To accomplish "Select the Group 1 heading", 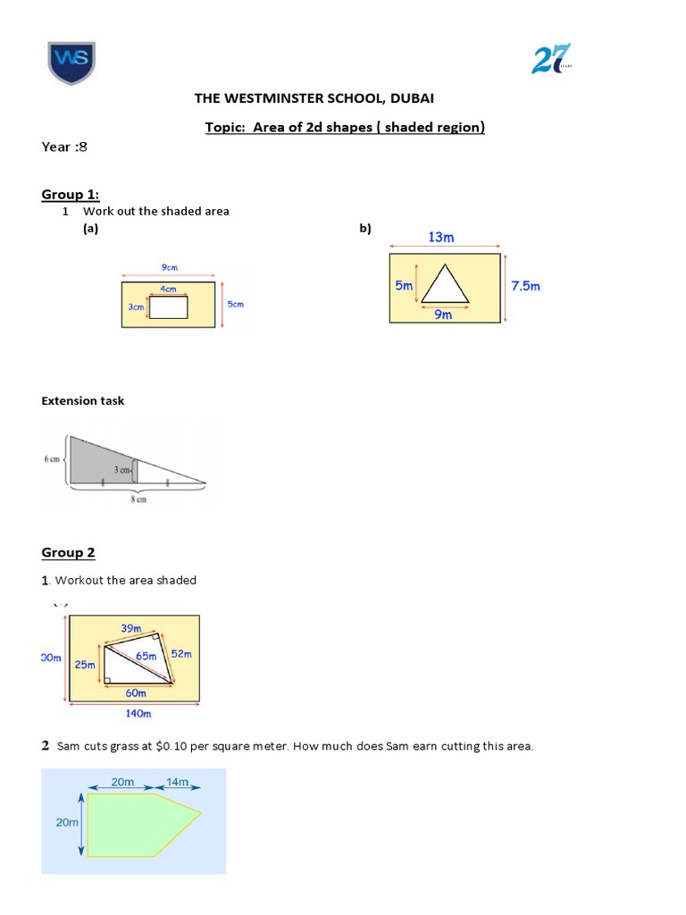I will tap(71, 195).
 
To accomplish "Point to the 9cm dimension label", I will tap(169, 266).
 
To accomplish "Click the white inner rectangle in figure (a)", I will tap(168, 306).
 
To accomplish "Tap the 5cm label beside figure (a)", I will tap(235, 304).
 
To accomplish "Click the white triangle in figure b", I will tap(445, 288).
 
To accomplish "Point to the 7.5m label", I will tap(525, 286).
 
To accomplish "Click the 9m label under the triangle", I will tap(444, 315).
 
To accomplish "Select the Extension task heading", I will tap(83, 400).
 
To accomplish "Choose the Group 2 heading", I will tap(68, 552).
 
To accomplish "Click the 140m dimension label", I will tap(138, 713).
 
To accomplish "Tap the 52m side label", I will tap(181, 654).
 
